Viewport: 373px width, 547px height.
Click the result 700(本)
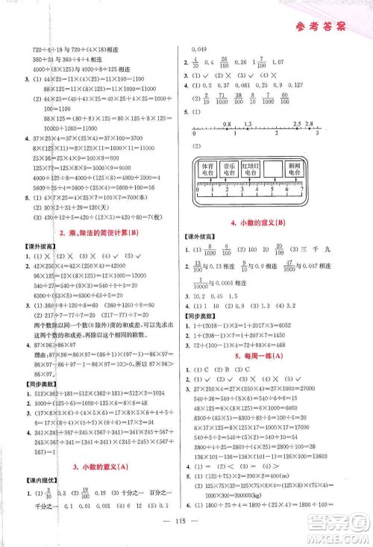147,196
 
